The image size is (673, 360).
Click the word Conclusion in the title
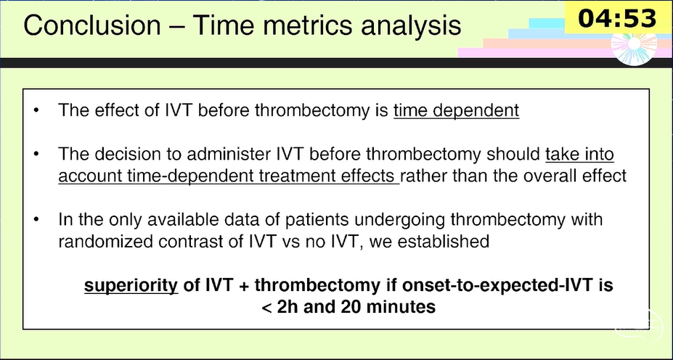(x=92, y=25)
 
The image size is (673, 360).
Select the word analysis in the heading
(x=411, y=25)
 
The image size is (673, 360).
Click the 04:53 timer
(x=618, y=19)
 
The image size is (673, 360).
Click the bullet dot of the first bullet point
(x=36, y=111)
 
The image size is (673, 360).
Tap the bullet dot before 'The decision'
(x=36, y=154)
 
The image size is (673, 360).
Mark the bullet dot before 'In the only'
(x=36, y=220)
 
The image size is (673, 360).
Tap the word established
(x=444, y=242)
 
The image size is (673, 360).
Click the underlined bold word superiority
(x=131, y=286)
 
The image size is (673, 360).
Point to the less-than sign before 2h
(x=266, y=308)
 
